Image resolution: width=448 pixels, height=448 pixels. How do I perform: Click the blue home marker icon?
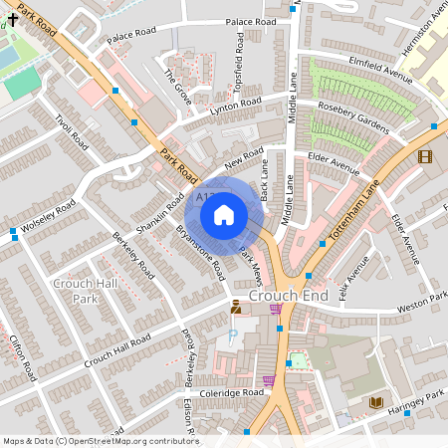click(224, 213)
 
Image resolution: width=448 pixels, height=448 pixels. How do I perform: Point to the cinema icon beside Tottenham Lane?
click(425, 156)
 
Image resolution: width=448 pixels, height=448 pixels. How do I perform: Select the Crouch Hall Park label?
click(77, 292)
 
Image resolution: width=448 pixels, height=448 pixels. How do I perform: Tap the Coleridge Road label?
click(230, 393)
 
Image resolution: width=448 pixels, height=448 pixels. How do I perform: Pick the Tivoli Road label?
click(72, 130)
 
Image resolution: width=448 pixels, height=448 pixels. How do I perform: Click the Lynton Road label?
click(236, 107)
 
